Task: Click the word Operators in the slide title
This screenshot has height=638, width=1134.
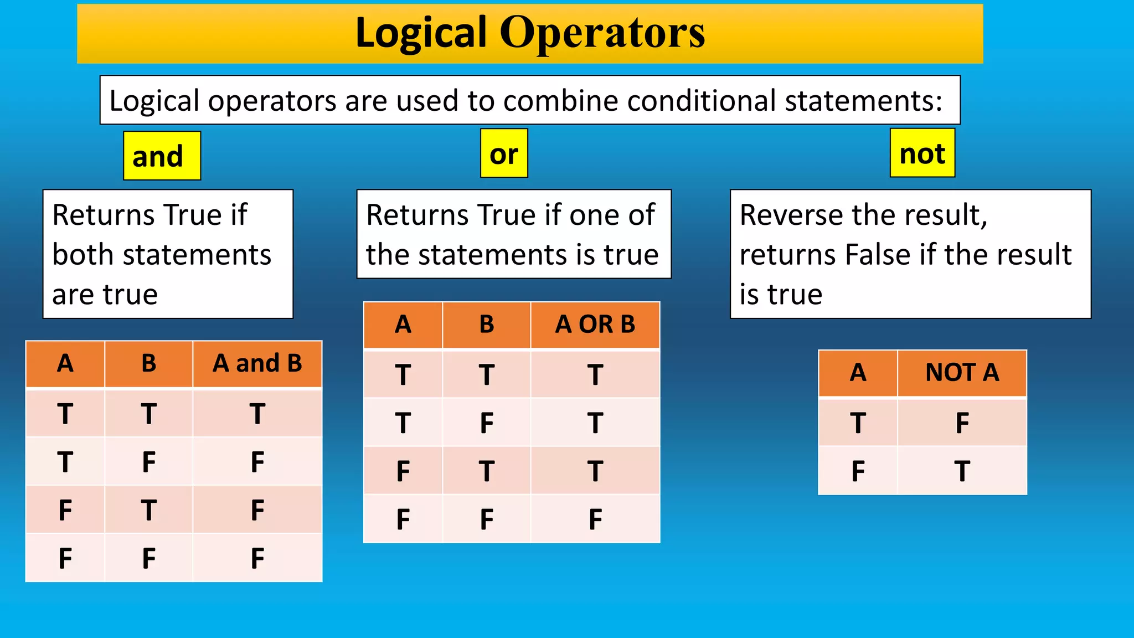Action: [602, 33]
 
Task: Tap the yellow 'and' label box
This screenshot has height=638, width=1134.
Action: [162, 156]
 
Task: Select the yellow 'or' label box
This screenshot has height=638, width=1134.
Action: [504, 153]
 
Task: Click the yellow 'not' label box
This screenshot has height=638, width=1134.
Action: [922, 153]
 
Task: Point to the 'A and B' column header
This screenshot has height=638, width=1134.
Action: [257, 364]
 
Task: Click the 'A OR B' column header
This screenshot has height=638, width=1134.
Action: [595, 325]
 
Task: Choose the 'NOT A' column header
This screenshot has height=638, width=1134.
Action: [962, 373]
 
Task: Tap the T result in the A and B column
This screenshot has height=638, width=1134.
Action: [257, 414]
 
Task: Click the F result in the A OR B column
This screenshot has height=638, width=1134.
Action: [595, 519]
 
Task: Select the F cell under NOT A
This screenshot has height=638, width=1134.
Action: [962, 423]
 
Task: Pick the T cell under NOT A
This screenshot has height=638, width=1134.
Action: [962, 471]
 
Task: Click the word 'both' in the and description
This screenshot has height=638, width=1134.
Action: [82, 255]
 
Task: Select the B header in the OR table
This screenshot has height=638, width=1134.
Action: [486, 325]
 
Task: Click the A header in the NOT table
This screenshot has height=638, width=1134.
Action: [858, 373]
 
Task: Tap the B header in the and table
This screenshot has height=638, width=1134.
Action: [148, 364]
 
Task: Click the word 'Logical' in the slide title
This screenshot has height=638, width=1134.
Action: [421, 33]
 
